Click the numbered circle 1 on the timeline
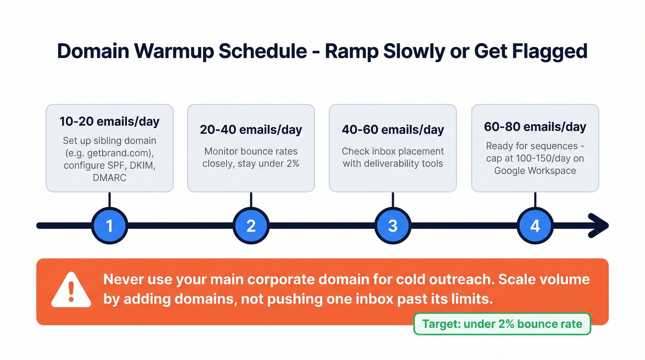pos(109,225)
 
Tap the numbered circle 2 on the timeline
pos(251,225)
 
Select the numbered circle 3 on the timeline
pos(393,225)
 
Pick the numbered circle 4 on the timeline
pos(534,225)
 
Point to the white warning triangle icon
pos(70,290)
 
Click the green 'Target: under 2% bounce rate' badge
pos(502,324)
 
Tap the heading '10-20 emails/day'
pos(109,122)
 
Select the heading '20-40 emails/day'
pos(251,130)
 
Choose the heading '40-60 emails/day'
pos(393,130)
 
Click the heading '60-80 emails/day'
pos(535,127)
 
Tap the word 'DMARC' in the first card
pos(110,178)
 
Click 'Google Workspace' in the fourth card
pos(535,171)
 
